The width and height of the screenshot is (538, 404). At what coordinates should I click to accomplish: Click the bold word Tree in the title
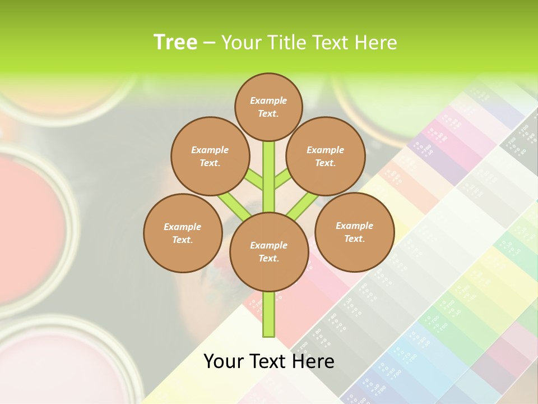click(175, 42)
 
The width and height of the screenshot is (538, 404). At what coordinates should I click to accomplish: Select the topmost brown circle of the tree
click(268, 107)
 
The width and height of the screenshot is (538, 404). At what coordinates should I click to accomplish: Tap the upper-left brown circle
click(210, 156)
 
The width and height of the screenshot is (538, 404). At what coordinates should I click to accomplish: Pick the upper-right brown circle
click(325, 156)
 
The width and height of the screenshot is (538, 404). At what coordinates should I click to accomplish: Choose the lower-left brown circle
click(182, 233)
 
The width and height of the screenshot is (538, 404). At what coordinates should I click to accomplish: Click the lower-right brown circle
click(354, 232)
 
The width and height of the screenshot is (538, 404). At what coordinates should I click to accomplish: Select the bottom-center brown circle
click(268, 251)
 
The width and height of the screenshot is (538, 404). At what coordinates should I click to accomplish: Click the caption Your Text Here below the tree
click(269, 361)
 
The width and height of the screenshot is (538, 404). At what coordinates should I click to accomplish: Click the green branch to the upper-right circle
click(282, 180)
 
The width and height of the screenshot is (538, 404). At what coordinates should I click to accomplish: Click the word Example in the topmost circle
click(268, 100)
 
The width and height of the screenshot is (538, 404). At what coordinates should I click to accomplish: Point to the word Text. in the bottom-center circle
click(268, 258)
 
